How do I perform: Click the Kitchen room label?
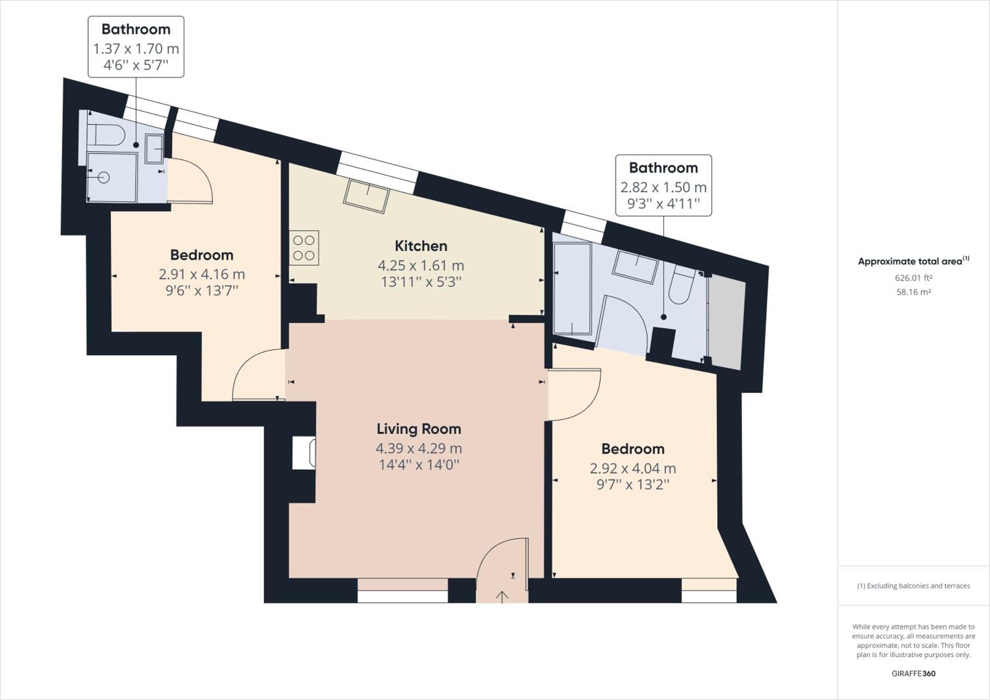(421, 246)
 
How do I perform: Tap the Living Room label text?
(419, 429)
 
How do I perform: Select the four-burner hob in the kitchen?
(304, 248)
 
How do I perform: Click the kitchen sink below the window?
(367, 196)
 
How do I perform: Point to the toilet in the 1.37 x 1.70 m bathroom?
(106, 135)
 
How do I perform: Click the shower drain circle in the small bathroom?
(104, 177)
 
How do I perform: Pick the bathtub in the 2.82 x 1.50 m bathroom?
(572, 289)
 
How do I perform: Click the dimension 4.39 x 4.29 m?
(419, 448)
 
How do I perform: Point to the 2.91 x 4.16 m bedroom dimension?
(202, 274)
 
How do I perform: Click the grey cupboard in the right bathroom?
(727, 322)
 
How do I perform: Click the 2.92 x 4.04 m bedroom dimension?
(633, 469)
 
